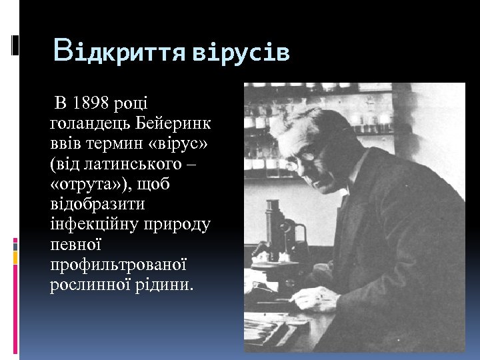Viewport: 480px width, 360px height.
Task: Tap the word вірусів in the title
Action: click(241, 53)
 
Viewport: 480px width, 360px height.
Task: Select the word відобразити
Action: click(97, 203)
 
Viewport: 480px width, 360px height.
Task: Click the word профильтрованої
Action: click(117, 265)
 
